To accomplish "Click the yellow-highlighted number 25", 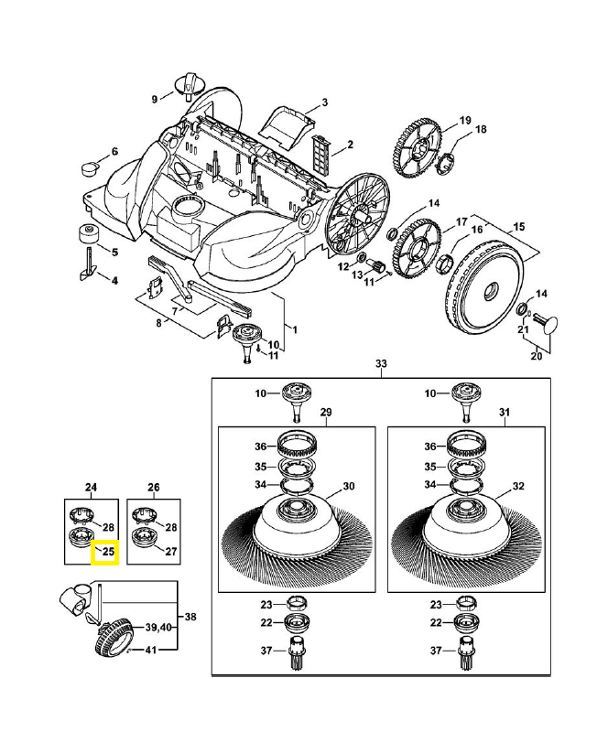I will coord(106,552).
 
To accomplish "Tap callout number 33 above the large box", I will coord(382,364).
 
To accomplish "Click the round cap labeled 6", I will coord(91,167).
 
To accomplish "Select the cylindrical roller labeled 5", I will coord(89,232).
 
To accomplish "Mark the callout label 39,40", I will coord(159,627).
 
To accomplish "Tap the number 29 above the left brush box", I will coord(325,413).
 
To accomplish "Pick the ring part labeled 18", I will coord(446,163).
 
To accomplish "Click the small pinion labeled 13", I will coord(374,266).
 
